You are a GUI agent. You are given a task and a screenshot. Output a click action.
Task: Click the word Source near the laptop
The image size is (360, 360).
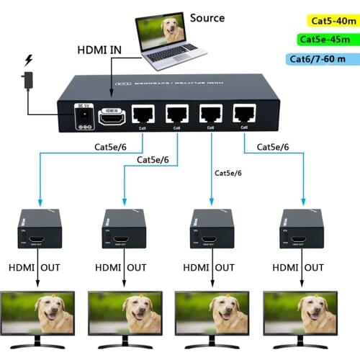[x=207, y=18]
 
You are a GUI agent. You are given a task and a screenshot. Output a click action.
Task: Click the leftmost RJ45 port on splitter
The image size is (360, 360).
[x=145, y=115]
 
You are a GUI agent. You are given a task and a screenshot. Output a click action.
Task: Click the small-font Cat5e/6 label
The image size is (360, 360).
[x=228, y=173]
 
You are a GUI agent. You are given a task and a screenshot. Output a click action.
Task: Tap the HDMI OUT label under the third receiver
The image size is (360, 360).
[x=209, y=268]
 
